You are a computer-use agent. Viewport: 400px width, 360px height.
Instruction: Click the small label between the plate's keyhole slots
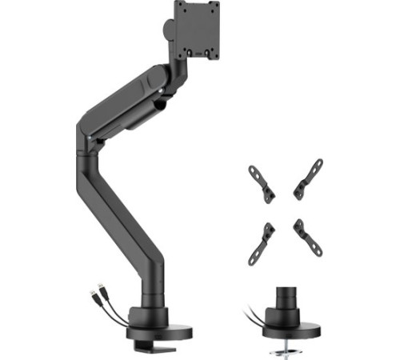[x=202, y=54]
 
